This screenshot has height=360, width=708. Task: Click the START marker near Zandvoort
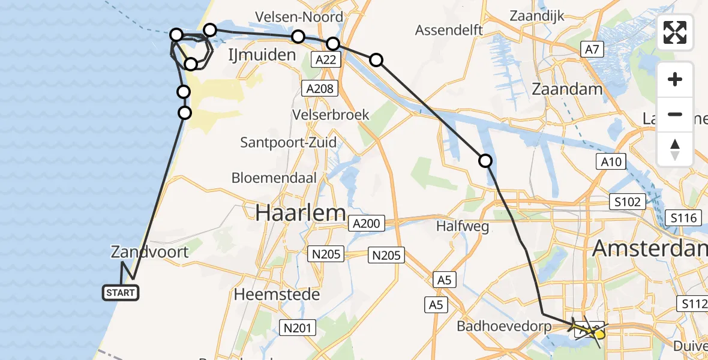(121, 293)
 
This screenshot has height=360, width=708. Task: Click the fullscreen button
(675, 32)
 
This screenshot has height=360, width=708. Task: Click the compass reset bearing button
(675, 149)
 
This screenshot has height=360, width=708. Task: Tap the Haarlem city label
(301, 212)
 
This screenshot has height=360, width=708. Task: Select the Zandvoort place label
(149, 252)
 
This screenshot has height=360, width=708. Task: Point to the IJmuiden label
(262, 55)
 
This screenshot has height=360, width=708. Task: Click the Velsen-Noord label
(299, 16)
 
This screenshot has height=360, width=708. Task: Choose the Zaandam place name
(567, 89)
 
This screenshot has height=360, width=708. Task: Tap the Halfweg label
(463, 227)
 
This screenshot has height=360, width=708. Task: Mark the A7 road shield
(592, 50)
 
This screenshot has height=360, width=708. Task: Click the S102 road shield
(628, 202)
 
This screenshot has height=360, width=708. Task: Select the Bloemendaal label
(274, 178)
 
